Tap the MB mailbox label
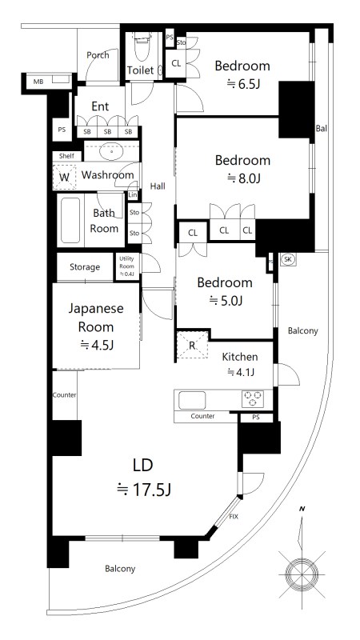click(x=38, y=82)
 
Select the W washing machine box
click(x=64, y=176)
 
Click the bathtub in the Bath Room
click(x=70, y=220)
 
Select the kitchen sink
click(x=193, y=399)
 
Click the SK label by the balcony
click(x=288, y=260)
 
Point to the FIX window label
click(x=234, y=518)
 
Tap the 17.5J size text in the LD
click(x=144, y=490)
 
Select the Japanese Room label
click(x=95, y=317)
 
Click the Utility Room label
click(x=126, y=266)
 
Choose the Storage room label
click(x=84, y=267)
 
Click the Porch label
click(x=98, y=55)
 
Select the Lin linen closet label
click(x=133, y=195)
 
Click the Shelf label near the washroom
click(x=63, y=156)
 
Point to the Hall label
click(x=157, y=186)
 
